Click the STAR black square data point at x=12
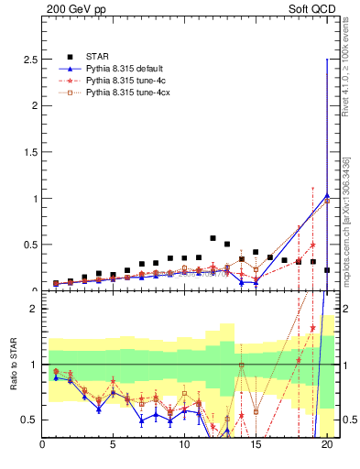point(213,238)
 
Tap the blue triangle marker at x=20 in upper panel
point(327,195)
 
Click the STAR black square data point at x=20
point(327,270)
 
